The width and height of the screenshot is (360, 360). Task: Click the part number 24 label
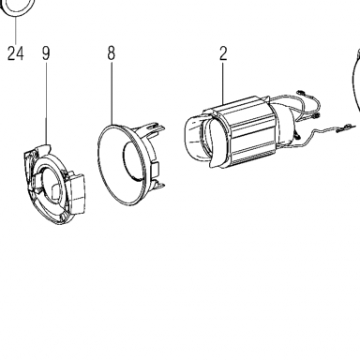click(16, 53)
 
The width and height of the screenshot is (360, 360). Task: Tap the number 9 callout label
click(46, 53)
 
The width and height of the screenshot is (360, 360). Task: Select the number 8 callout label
click(112, 53)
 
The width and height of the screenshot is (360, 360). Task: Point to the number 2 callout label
click(223, 53)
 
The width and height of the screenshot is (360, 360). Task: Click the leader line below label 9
click(46, 103)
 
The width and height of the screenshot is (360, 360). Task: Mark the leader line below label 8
click(112, 93)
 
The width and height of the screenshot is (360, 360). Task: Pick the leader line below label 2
click(223, 83)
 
